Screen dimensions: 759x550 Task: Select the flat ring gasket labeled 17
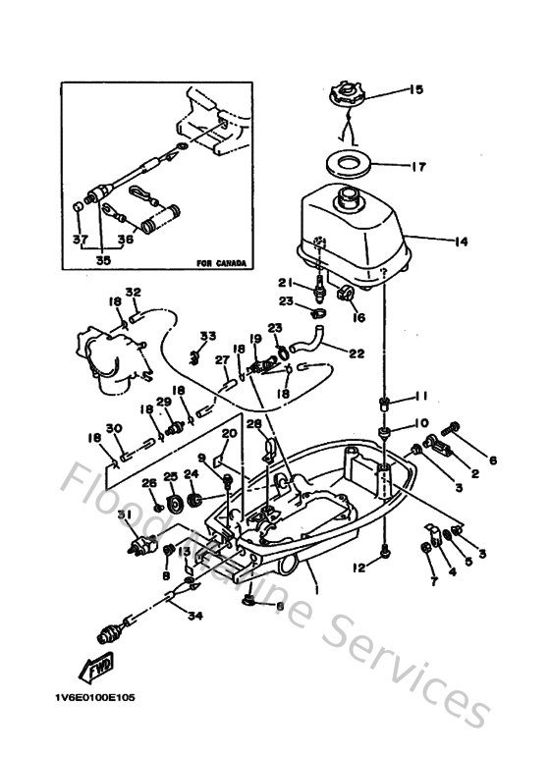pos(345,163)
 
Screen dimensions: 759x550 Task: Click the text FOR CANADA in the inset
pos(219,263)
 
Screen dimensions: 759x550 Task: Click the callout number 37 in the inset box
pos(80,239)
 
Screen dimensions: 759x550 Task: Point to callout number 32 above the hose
pos(135,292)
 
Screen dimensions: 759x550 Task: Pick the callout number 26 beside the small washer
pos(150,482)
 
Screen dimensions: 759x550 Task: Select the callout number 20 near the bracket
pos(230,432)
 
